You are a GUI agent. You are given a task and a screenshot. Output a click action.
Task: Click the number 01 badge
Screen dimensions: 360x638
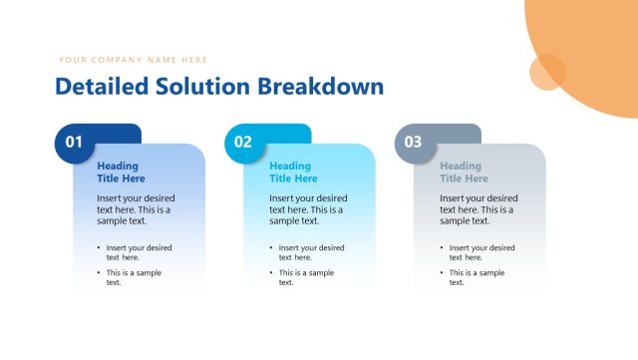[75, 143]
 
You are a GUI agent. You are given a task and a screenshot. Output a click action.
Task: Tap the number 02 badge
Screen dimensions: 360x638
[244, 143]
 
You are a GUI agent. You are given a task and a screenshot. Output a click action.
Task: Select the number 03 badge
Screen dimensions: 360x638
[414, 143]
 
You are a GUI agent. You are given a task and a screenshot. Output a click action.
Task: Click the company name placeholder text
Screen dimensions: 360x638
[133, 60]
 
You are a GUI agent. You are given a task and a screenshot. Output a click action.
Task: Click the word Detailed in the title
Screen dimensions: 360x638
[102, 87]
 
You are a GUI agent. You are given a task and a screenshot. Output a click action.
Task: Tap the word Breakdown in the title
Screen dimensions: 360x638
[320, 87]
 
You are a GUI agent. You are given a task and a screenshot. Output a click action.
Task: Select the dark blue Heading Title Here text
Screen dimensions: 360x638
[121, 173]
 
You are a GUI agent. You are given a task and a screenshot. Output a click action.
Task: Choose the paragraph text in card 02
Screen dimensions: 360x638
[308, 209]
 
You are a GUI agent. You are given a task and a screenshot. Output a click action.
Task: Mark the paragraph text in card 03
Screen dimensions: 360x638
[478, 209]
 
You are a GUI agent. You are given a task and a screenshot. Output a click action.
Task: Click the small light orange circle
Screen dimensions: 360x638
[547, 72]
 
